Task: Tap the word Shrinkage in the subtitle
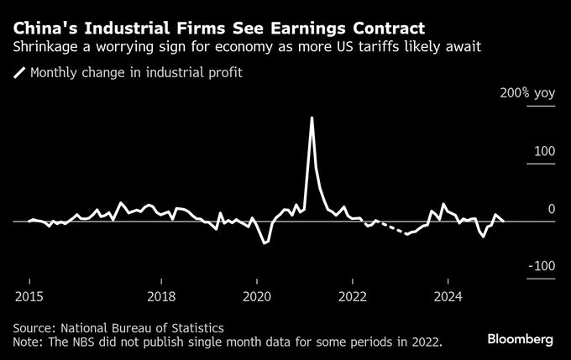click(x=46, y=46)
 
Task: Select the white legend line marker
click(x=19, y=73)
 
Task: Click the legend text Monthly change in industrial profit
click(x=136, y=73)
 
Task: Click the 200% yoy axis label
click(x=527, y=94)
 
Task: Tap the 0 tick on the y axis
click(x=551, y=209)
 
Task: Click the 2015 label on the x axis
click(x=29, y=296)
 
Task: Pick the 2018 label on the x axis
click(x=161, y=296)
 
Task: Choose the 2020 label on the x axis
click(x=257, y=296)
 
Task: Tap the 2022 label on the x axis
click(x=353, y=296)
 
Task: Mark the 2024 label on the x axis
click(x=448, y=296)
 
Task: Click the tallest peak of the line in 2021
click(x=312, y=117)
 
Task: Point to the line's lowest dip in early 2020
click(x=264, y=243)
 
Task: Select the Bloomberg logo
click(x=521, y=339)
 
